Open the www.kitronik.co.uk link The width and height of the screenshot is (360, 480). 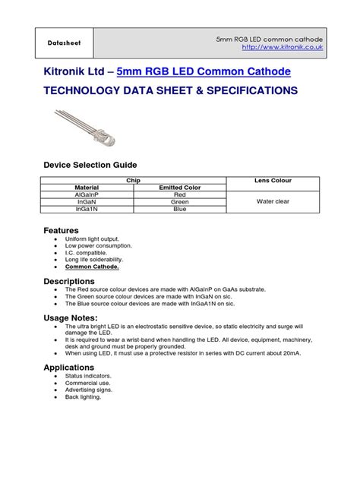tap(283, 47)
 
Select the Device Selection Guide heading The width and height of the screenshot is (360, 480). tap(90, 165)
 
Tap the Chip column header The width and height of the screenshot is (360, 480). tap(133, 180)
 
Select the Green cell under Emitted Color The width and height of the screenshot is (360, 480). tap(180, 201)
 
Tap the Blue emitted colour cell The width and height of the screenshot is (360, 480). tap(180, 209)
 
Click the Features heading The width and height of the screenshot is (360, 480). tap(62, 229)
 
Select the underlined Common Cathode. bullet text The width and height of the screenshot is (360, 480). tap(92, 267)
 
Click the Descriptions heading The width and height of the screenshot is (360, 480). tap(69, 281)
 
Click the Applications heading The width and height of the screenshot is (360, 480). tap(69, 367)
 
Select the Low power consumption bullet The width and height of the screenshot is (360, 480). tap(98, 246)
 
